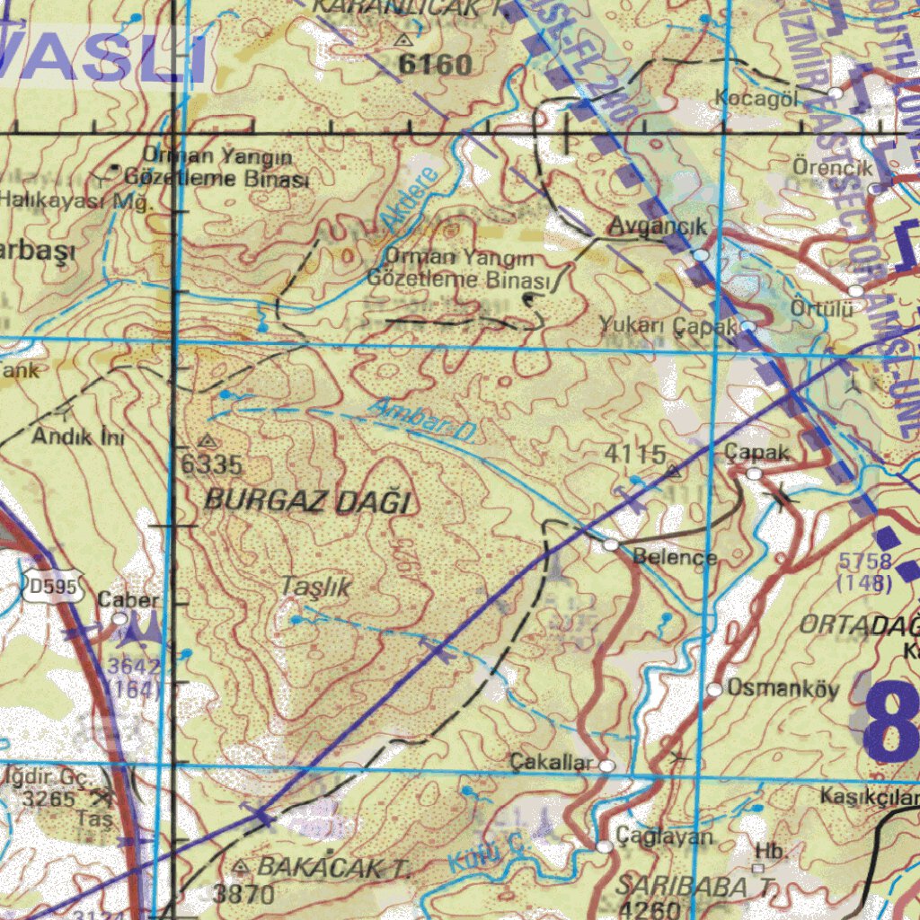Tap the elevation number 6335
click(212, 464)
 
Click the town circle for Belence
click(611, 545)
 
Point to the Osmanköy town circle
click(714, 690)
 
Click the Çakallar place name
click(552, 763)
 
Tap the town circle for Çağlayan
click(604, 846)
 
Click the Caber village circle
click(119, 618)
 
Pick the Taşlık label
click(315, 587)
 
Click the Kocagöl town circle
click(835, 93)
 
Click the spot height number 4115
click(634, 455)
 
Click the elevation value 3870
click(243, 894)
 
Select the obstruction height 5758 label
click(865, 562)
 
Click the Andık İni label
click(79, 438)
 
